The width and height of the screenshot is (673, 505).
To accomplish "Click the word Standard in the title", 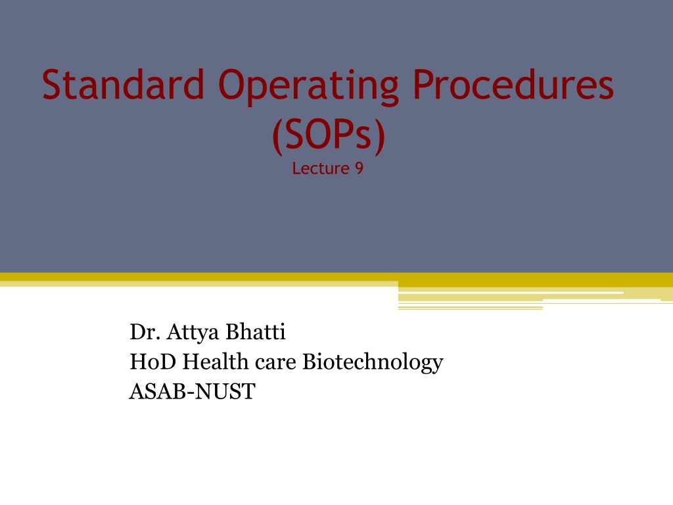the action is (x=123, y=84).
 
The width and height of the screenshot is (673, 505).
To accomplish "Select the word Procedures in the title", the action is (x=514, y=84).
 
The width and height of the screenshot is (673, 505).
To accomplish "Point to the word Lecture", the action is (x=321, y=168).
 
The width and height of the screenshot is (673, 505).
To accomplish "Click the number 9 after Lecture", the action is (x=360, y=168).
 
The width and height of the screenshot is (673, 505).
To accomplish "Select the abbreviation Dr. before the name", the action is (x=145, y=332).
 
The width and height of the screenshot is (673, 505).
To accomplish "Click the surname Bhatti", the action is (x=256, y=332).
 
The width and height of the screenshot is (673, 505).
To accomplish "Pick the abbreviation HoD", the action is (x=152, y=362).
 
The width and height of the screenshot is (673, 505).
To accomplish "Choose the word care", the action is (x=275, y=364).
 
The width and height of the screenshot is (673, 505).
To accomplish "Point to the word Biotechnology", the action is (x=373, y=363).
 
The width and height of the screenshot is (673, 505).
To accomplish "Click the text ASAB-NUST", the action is (x=193, y=392).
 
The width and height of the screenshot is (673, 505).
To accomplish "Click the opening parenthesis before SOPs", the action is (x=278, y=136).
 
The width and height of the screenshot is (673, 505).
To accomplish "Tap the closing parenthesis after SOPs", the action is (x=379, y=136).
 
